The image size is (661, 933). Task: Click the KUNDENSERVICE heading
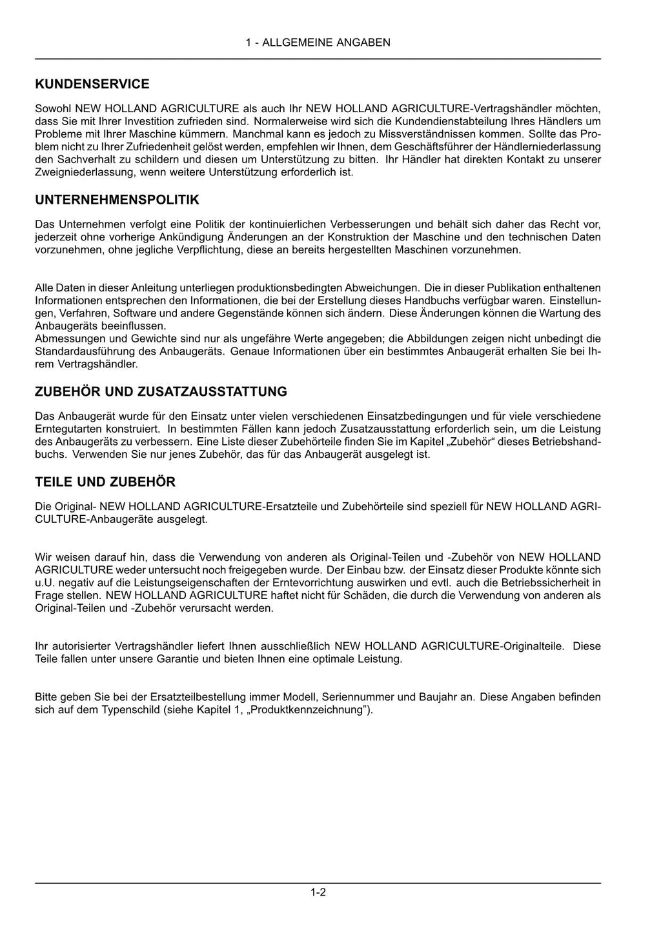(92, 84)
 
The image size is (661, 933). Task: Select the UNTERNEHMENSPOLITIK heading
(117, 200)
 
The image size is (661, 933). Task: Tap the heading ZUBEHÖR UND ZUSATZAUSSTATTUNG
(161, 391)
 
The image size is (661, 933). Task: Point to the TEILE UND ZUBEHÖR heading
(105, 482)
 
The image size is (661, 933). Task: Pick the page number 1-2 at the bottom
(318, 892)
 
